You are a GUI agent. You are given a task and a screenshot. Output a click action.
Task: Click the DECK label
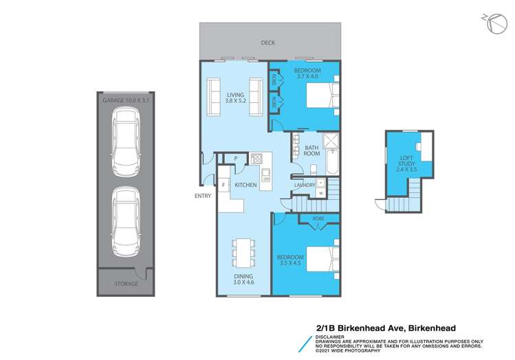[x=268, y=43]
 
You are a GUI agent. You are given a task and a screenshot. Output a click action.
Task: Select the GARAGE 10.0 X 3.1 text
[x=125, y=101]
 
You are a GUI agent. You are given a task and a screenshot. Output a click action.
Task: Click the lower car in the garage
[x=125, y=219]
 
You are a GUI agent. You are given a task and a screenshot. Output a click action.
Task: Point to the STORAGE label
[x=125, y=283]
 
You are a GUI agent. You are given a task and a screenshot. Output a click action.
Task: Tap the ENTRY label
[x=204, y=196]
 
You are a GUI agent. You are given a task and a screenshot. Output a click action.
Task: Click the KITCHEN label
[x=245, y=185]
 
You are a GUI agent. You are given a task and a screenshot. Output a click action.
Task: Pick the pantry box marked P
[x=235, y=159]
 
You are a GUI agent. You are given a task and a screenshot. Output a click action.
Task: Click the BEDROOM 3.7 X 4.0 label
[x=307, y=74]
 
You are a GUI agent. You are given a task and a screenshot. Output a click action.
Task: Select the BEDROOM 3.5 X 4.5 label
[x=292, y=260]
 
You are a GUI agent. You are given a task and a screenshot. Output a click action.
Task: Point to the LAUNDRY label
[x=304, y=185]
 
